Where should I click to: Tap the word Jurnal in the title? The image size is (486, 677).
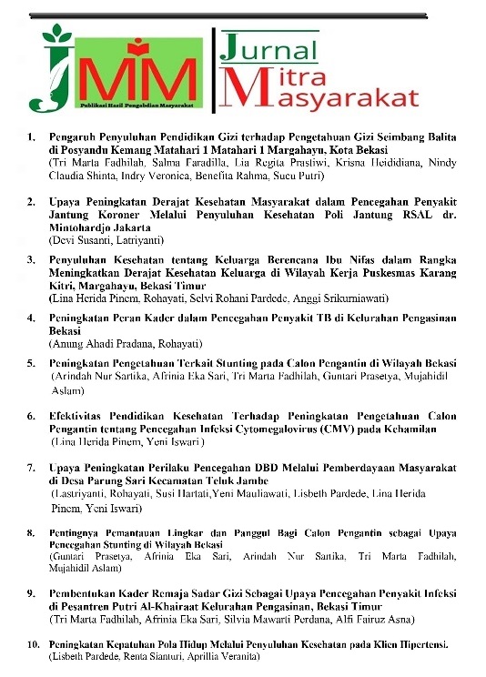coord(270,48)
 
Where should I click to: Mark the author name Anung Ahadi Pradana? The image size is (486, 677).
coord(101,343)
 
